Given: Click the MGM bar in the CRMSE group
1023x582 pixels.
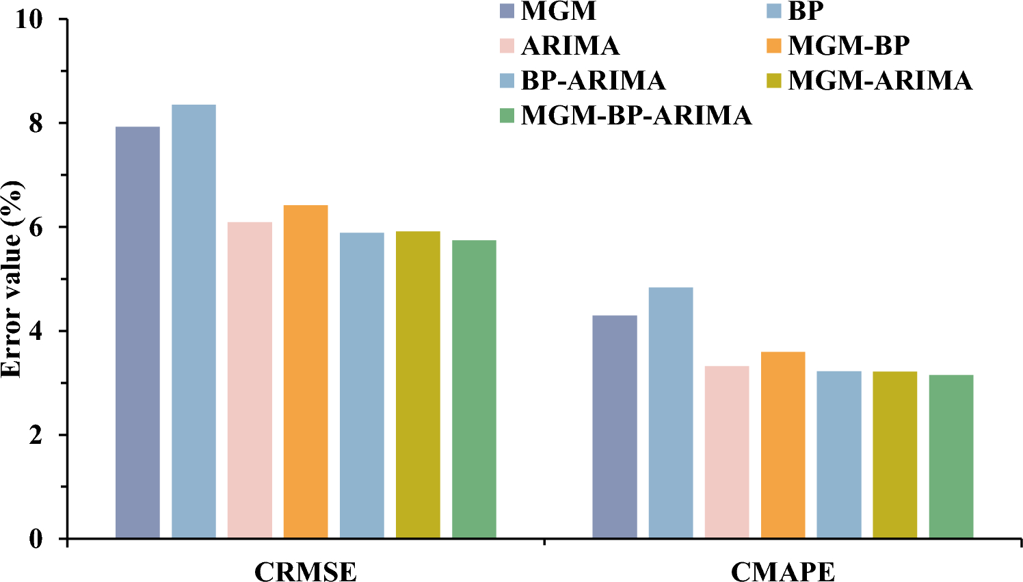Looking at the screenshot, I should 137,332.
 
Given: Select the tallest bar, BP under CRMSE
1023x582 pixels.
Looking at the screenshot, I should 194,321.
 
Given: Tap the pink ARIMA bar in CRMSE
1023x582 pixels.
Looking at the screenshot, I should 250,380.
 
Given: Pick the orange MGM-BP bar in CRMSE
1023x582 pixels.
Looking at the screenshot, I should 306,371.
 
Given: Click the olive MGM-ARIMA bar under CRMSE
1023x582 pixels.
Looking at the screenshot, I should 418,384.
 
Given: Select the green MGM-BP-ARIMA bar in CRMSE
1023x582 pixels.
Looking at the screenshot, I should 474,389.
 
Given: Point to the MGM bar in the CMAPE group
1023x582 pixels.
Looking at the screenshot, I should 615,427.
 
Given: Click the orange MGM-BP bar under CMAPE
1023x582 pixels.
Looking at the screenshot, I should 783,445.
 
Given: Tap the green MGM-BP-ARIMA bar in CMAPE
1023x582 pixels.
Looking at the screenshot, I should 951,456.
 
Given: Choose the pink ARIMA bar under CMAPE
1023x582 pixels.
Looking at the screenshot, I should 727,452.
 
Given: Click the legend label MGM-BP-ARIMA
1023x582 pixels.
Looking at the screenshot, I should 636,116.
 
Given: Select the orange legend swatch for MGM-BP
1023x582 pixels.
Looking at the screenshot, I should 773,46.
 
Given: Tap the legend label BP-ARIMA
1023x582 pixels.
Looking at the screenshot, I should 593,81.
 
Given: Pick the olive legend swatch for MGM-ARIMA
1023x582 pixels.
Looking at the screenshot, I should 773,81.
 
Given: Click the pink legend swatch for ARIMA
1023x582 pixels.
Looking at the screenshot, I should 507,46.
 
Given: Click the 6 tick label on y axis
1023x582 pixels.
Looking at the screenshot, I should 36,228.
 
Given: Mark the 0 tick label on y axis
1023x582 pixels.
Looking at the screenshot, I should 36,540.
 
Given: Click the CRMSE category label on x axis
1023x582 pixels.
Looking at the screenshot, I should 306,571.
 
